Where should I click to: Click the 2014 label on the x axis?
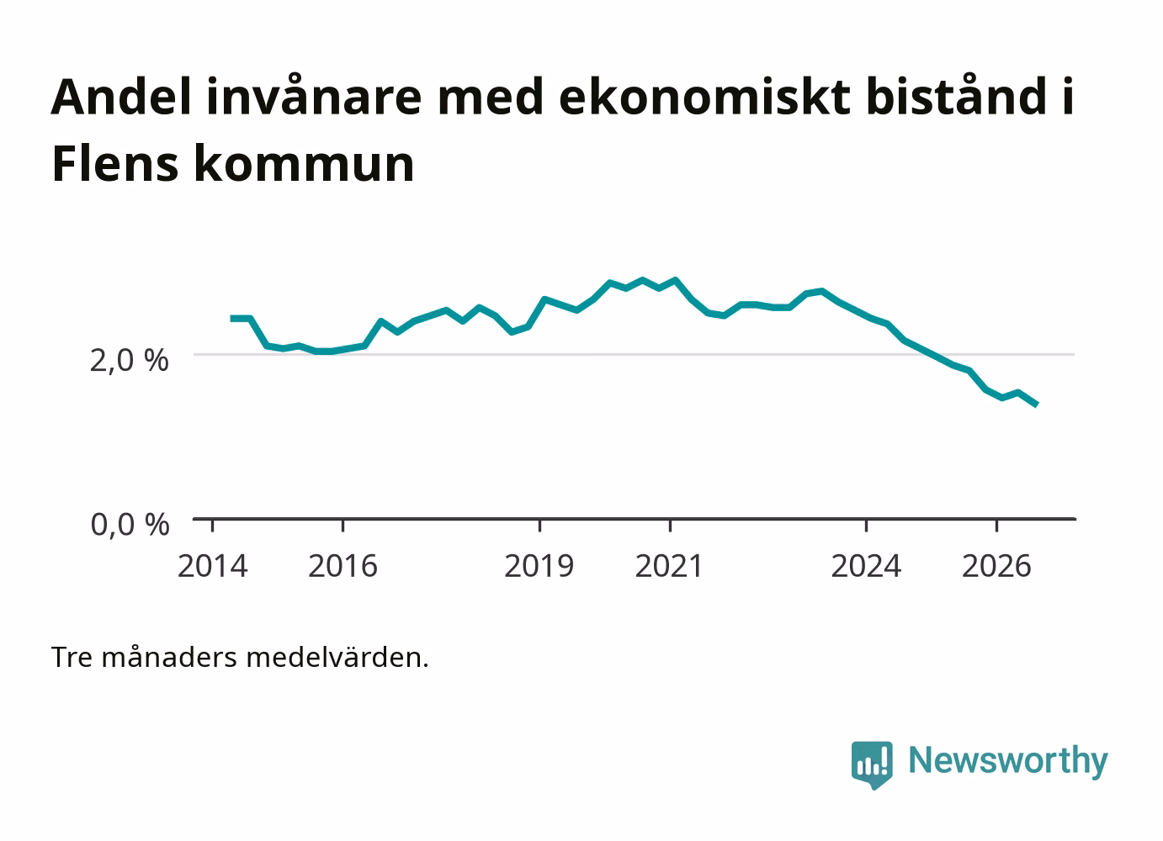[212, 566]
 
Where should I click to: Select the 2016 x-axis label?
[343, 566]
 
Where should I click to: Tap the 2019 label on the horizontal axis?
[539, 566]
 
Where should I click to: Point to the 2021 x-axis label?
[669, 566]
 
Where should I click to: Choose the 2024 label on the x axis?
[866, 566]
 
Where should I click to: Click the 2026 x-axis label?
[996, 566]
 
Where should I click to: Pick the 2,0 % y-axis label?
[130, 360]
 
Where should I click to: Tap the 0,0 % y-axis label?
[130, 524]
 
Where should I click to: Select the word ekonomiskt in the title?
[705, 97]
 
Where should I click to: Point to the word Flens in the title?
[115, 164]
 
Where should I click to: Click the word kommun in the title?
[305, 164]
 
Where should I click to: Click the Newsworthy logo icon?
[872, 764]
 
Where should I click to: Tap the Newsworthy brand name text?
[1008, 761]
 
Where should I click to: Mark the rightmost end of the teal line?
[1037, 405]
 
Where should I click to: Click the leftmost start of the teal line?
[231, 319]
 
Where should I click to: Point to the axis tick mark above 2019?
[540, 526]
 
